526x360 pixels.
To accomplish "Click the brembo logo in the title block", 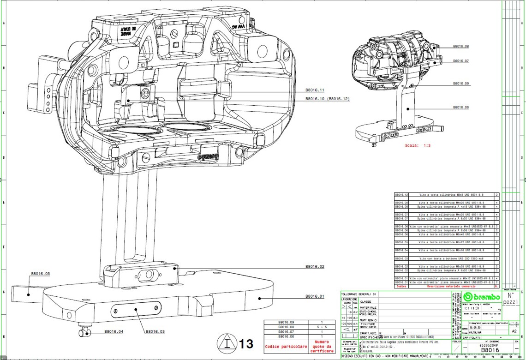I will [x=482, y=297].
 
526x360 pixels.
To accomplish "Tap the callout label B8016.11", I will [x=315, y=90].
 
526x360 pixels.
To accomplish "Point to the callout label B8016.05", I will [x=40, y=274].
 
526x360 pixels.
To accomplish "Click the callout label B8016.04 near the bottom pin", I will [x=114, y=331].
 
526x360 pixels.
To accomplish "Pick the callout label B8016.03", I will [x=155, y=331].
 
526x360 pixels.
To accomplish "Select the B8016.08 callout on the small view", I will [x=461, y=47].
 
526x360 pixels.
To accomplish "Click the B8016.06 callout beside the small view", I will [x=461, y=107].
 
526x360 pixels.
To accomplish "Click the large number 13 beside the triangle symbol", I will [x=246, y=343].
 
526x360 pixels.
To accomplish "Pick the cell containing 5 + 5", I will [x=322, y=327].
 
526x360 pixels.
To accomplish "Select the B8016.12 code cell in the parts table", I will [x=401, y=195].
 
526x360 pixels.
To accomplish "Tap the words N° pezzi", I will [x=510, y=298].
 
